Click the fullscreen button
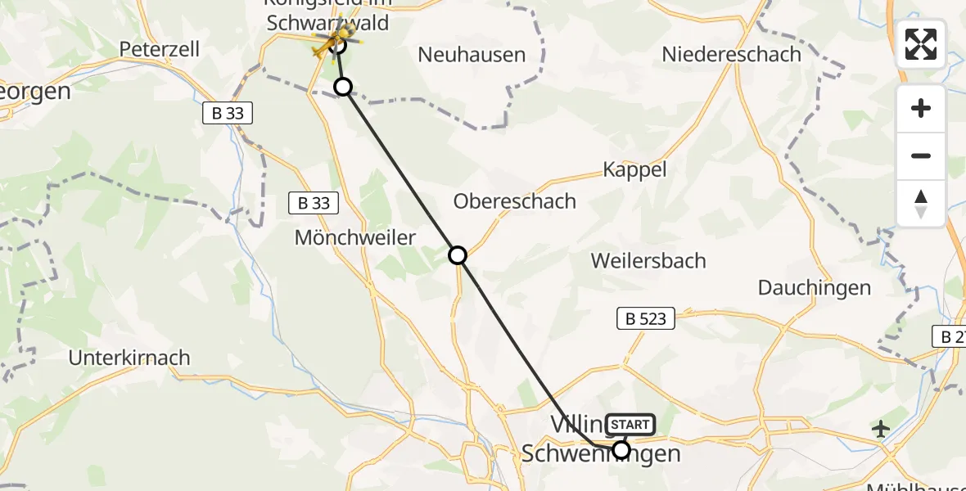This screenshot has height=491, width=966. (x=921, y=44)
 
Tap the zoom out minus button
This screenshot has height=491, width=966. (x=921, y=155)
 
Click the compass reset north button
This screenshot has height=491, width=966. (x=921, y=203)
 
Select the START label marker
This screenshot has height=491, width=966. (x=630, y=424)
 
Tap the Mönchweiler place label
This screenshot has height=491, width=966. (x=355, y=238)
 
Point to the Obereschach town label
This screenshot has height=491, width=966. (x=515, y=201)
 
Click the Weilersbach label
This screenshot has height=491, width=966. (x=648, y=261)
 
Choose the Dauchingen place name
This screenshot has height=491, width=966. (x=814, y=287)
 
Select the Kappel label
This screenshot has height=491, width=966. (x=634, y=169)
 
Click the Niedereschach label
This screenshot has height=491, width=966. (x=731, y=54)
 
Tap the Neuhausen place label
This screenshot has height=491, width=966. (x=471, y=55)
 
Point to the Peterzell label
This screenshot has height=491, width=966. (x=160, y=49)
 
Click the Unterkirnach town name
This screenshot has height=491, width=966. (x=129, y=358)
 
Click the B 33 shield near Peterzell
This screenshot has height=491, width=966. (x=228, y=114)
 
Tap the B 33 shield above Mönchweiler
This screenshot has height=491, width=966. (x=314, y=203)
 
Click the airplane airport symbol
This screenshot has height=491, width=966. (x=881, y=428)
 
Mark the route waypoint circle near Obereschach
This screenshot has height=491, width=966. (x=458, y=255)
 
